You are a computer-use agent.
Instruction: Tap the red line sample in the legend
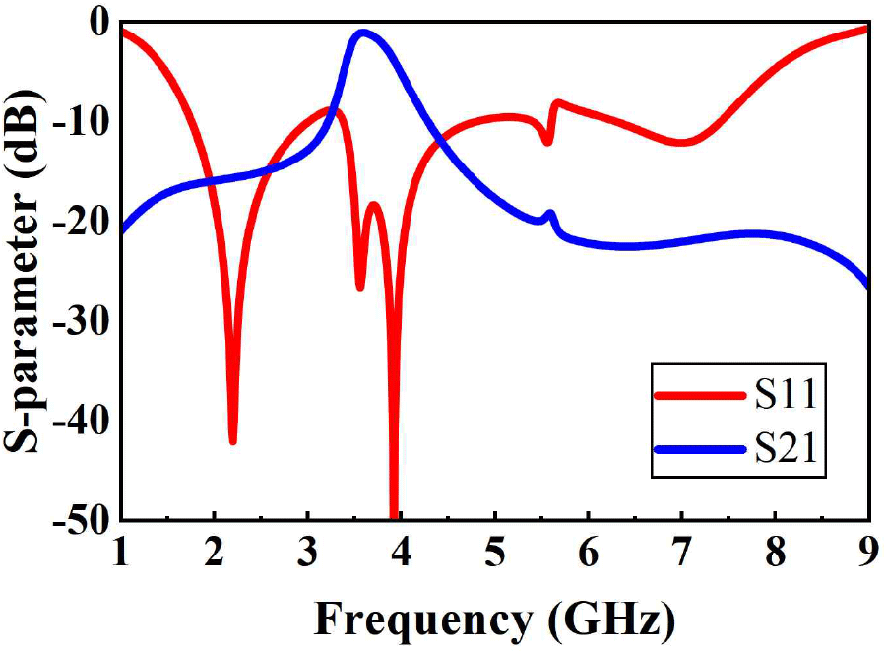(697, 395)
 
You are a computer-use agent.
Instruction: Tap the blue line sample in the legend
(697, 449)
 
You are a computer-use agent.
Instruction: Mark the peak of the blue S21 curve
(363, 33)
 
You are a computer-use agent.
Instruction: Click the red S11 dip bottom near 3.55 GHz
(360, 287)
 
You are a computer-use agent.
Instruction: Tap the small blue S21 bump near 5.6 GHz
(550, 214)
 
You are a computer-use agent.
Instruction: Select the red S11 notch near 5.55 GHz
(547, 142)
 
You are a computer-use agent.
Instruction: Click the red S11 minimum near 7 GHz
(682, 143)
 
